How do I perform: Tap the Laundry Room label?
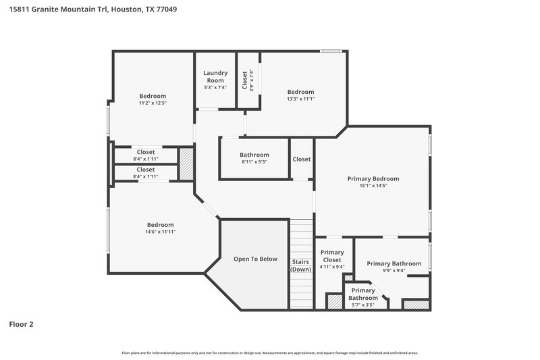point(215,76)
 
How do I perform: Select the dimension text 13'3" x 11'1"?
point(300,99)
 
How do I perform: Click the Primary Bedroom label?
point(373,179)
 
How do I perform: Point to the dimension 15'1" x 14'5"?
point(373,186)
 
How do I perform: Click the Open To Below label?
point(255,259)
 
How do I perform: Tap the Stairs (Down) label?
point(300,265)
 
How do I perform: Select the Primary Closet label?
point(332,256)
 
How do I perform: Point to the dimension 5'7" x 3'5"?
point(363,305)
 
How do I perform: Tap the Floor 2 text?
point(21,324)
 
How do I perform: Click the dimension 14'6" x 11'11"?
point(160,232)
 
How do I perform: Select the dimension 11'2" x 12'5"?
point(153,103)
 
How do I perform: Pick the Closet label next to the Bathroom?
point(301,159)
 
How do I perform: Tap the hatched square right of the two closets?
point(186,163)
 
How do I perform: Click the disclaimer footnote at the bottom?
point(270,353)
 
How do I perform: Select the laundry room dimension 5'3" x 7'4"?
point(215,87)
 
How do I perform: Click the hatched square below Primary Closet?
point(334,302)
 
